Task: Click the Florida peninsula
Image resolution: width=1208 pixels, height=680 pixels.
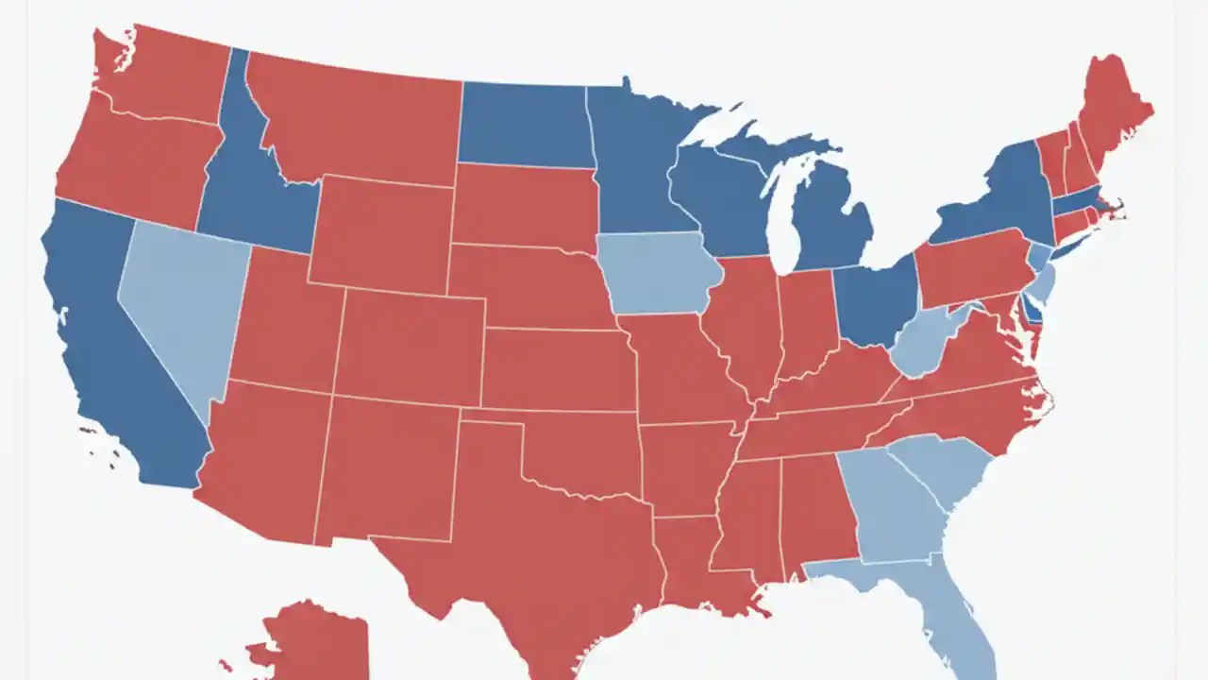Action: (953, 614)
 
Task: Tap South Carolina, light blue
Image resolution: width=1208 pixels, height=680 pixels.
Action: (944, 467)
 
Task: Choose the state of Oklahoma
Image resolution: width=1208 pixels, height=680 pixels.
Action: (576, 453)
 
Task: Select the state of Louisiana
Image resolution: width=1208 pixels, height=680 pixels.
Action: (694, 567)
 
